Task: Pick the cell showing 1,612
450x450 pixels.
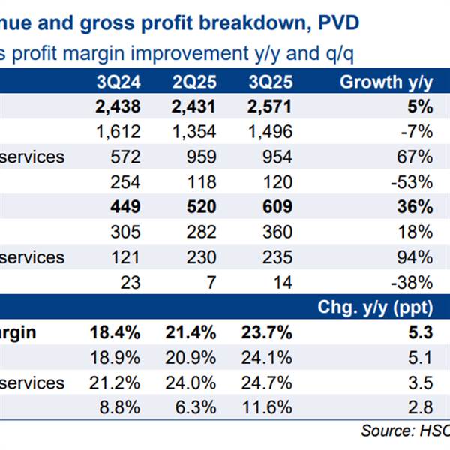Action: (118, 132)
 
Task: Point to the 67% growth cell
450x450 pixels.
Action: (416, 157)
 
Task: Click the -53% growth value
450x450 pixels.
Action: (413, 182)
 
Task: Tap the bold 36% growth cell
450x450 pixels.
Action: (416, 207)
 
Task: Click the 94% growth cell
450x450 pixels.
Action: (416, 257)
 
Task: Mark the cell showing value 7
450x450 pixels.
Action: (211, 282)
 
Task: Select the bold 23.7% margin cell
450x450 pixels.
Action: (266, 333)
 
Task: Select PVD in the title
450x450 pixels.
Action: (338, 23)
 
